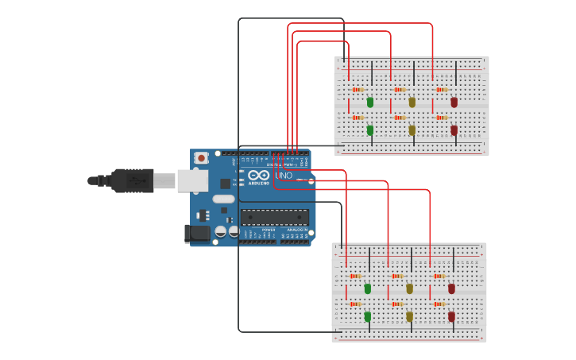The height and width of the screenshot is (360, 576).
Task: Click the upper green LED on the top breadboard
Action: click(x=370, y=102)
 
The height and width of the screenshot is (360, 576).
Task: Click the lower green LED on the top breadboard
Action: click(x=370, y=130)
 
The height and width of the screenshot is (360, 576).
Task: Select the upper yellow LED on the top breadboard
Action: click(x=412, y=102)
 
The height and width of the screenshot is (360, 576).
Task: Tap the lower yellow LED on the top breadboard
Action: click(x=412, y=130)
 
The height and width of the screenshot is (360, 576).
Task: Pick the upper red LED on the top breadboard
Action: click(x=454, y=102)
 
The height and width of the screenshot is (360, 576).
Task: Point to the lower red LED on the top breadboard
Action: click(x=454, y=130)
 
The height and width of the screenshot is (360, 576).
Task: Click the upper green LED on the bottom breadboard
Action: click(x=368, y=288)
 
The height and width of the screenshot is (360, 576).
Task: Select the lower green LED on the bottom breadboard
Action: click(x=368, y=316)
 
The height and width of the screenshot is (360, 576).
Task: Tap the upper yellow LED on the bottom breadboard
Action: click(x=410, y=288)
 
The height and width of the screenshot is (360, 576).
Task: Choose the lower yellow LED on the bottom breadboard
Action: click(x=410, y=316)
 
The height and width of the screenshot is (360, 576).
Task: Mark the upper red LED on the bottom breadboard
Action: click(x=452, y=288)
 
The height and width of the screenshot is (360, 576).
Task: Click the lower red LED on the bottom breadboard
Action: click(x=452, y=316)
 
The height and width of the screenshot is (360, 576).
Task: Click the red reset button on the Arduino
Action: click(x=201, y=158)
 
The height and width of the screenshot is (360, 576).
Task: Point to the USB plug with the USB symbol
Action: click(x=133, y=180)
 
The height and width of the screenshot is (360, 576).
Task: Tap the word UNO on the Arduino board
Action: click(x=284, y=175)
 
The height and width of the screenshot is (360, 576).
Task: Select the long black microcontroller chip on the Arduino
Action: click(x=275, y=217)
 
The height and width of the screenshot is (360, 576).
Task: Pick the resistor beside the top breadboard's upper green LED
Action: click(x=358, y=90)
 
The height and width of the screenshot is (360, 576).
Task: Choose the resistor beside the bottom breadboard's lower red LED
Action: click(x=438, y=304)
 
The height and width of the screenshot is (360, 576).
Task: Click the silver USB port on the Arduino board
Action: click(x=191, y=181)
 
